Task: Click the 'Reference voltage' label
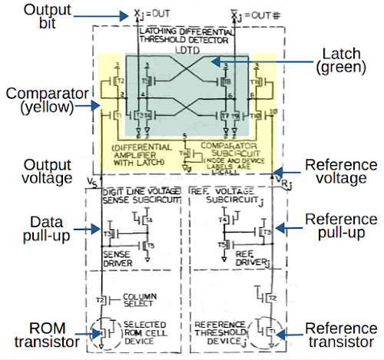340,173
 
